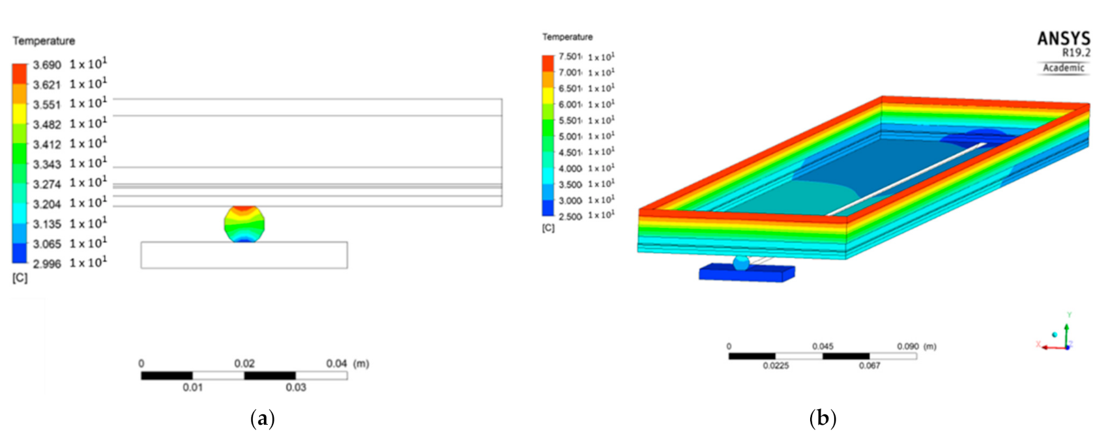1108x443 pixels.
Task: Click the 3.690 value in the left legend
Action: click(47, 65)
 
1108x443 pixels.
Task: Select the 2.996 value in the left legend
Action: click(47, 264)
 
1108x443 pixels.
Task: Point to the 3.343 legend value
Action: click(47, 165)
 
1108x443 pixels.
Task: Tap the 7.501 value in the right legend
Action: click(570, 57)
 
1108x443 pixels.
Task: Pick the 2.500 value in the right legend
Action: click(570, 216)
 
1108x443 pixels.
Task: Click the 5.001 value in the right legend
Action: click(570, 136)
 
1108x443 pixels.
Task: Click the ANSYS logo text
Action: click(1064, 39)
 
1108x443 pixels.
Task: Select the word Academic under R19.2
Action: click(1064, 68)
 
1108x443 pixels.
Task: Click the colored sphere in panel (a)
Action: click(244, 224)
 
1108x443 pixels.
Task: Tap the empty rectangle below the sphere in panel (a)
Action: click(244, 255)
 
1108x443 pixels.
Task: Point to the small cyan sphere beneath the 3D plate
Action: click(741, 263)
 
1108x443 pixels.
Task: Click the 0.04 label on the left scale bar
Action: click(336, 364)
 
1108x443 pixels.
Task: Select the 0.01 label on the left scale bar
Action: click(192, 388)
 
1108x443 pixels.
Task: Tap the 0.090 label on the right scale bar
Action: click(907, 347)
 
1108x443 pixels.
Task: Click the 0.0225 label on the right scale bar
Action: click(776, 366)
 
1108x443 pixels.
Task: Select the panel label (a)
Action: click(263, 418)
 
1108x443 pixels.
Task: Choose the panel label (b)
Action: click(823, 418)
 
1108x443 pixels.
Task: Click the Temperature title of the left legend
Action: click(44, 41)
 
